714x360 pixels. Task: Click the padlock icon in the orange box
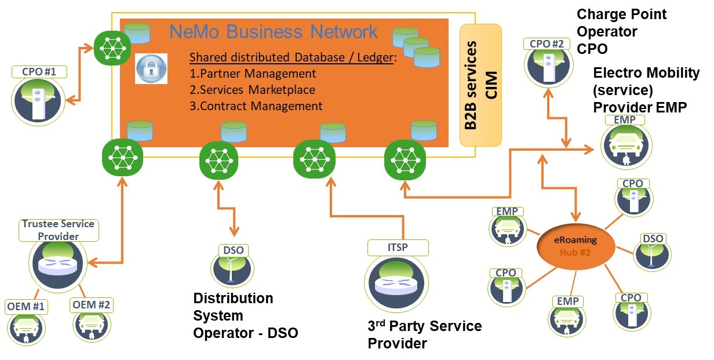pos(151,69)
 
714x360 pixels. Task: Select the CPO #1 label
pos(39,72)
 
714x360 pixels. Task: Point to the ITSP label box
pos(398,248)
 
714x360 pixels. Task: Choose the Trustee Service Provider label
pos(58,230)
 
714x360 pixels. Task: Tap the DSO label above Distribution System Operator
pos(235,250)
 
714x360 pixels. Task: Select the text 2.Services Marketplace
pos(253,90)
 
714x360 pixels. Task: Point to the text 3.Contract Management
pos(256,106)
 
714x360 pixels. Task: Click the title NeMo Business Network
pos(274,31)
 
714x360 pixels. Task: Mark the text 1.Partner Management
pos(253,74)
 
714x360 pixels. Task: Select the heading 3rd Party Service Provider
pos(424,334)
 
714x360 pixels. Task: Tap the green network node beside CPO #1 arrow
pos(112,47)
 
